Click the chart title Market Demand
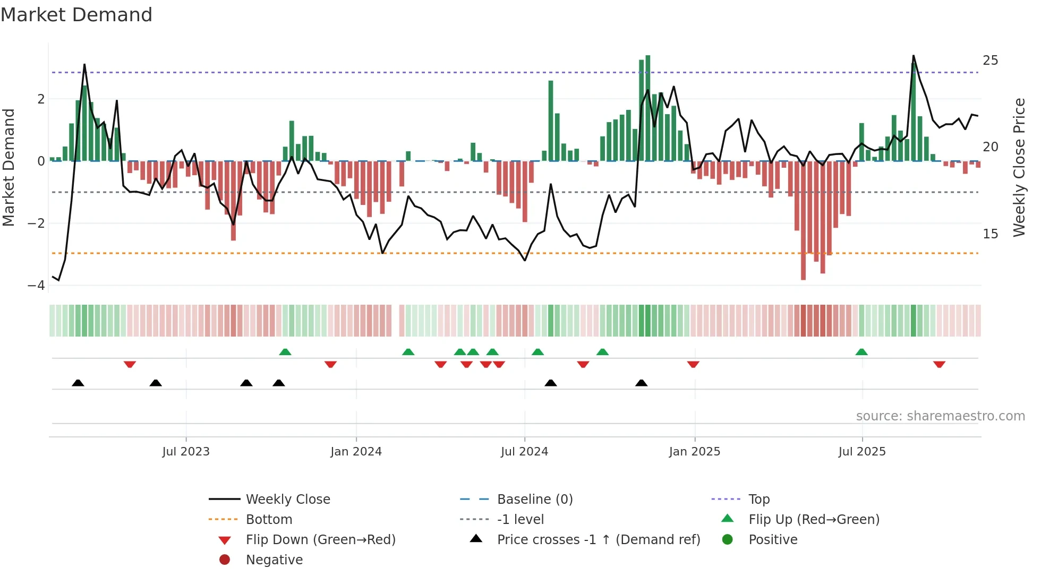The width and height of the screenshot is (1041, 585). tap(76, 15)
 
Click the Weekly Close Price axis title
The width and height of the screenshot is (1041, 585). tap(1019, 167)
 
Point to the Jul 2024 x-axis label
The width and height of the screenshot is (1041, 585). tap(524, 452)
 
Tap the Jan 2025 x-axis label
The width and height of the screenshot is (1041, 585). tap(694, 452)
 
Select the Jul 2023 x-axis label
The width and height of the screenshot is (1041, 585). tap(186, 452)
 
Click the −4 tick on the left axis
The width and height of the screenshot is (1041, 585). tap(36, 286)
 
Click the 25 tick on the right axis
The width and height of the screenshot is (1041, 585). tap(990, 61)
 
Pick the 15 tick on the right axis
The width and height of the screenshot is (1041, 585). tap(990, 234)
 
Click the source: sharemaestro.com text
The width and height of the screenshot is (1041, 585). tap(940, 416)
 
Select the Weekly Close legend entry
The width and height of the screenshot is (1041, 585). tap(287, 500)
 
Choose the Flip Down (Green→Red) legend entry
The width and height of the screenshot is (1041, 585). tap(320, 540)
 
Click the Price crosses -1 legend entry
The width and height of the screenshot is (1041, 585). tap(598, 540)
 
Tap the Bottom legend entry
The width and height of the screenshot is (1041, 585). tap(269, 520)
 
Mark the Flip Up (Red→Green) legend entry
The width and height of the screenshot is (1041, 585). tap(814, 520)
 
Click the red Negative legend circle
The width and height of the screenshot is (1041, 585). tap(225, 560)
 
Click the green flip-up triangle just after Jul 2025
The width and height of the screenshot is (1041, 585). tap(861, 352)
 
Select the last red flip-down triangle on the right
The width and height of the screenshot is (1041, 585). tap(939, 364)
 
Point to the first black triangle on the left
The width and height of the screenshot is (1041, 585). tap(78, 383)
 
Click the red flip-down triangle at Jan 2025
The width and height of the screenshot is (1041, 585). tap(693, 364)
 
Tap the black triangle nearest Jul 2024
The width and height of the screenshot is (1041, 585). tap(551, 383)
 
